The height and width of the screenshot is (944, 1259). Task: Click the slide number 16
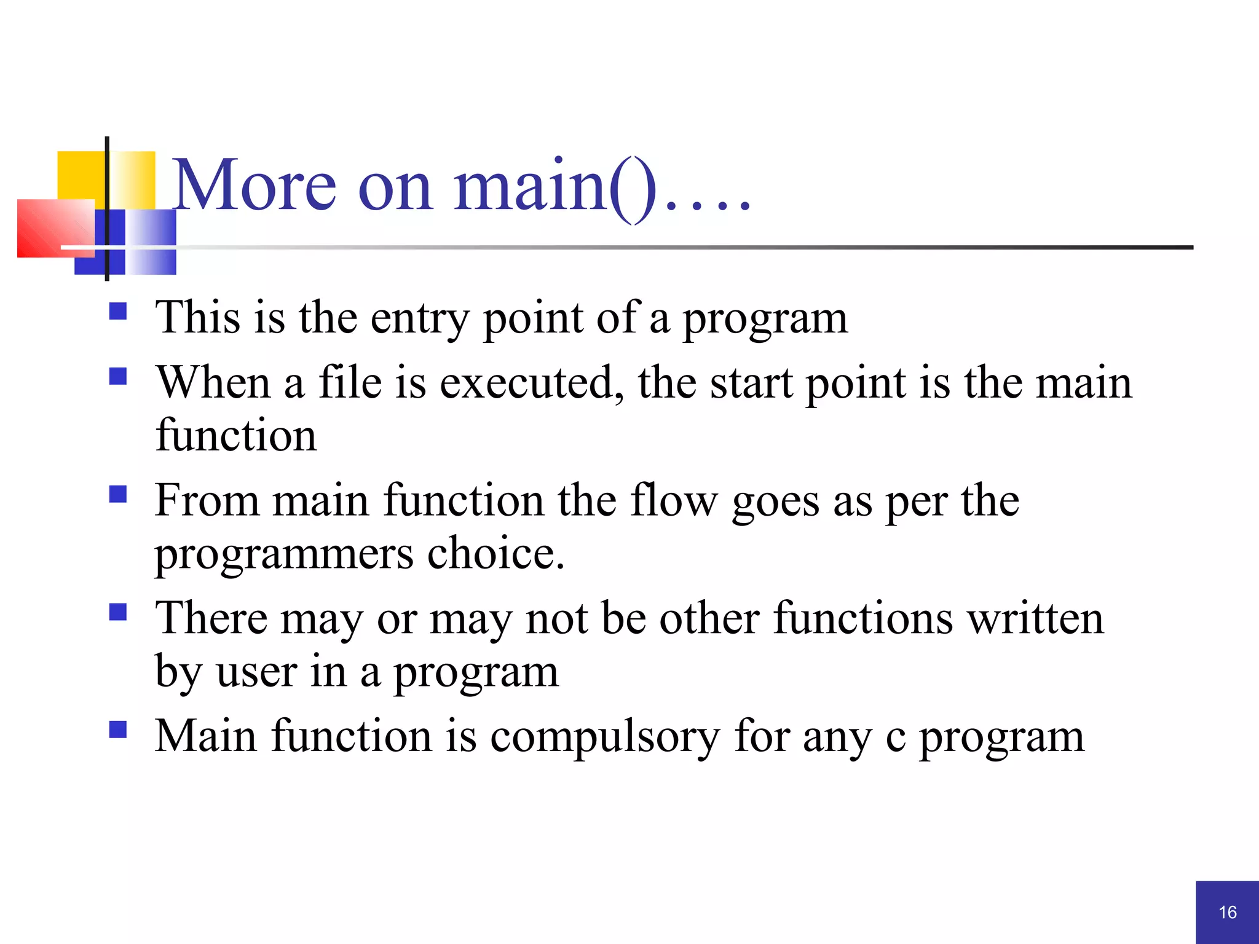(1228, 912)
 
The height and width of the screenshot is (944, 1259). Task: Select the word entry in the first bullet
(419, 320)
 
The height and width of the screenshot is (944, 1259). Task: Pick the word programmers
(284, 555)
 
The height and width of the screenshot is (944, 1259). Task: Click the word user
(256, 672)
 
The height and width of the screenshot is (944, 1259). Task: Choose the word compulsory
(605, 737)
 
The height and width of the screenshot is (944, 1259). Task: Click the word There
(211, 618)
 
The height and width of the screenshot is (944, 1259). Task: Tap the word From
(207, 500)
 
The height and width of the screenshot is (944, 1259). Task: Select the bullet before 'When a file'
(118, 376)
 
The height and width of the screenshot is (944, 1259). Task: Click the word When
(213, 383)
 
